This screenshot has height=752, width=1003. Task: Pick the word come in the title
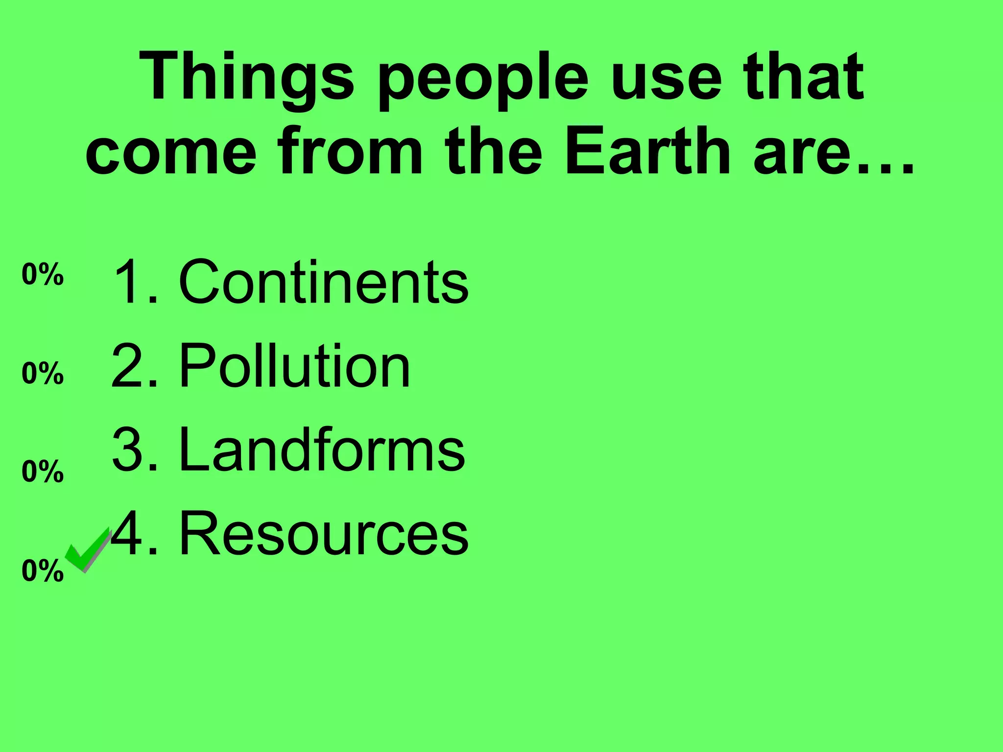tap(171, 152)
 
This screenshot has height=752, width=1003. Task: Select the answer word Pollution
tap(294, 366)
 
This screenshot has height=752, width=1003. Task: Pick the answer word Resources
tap(324, 533)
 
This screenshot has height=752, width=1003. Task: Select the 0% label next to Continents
tap(43, 275)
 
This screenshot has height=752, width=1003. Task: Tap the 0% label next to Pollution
tap(43, 374)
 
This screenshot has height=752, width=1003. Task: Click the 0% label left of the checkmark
tap(43, 571)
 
